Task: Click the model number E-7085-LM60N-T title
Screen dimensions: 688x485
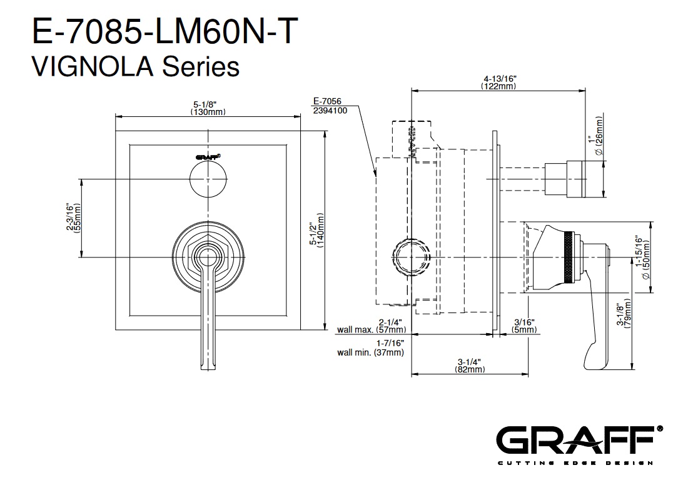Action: pos(165,31)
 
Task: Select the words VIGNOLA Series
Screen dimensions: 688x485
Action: pos(136,67)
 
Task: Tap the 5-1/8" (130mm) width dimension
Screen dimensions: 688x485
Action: pos(208,108)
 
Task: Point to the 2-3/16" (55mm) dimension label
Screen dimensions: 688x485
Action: pos(74,217)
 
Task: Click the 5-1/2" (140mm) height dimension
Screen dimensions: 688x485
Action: pos(317,231)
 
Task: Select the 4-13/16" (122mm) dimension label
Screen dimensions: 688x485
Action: pos(500,82)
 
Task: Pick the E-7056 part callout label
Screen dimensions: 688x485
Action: pos(327,101)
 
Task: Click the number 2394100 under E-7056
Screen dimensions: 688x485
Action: pos(330,111)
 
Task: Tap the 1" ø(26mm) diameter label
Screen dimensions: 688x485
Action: pos(596,135)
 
